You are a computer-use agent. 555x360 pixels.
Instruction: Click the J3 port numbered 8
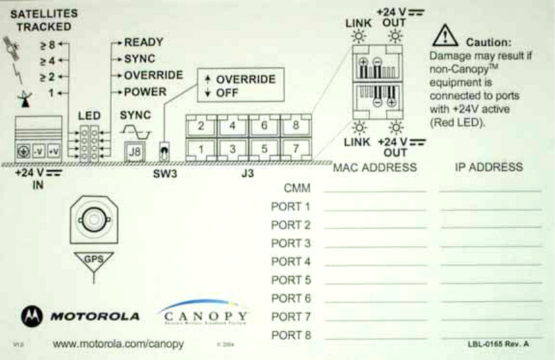(295, 125)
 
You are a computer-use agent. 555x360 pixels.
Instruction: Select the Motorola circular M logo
(32, 316)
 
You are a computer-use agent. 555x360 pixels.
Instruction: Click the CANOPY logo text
(204, 317)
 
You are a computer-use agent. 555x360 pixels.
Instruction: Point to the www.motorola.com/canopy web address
(118, 344)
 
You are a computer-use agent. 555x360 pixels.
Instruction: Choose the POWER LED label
(145, 92)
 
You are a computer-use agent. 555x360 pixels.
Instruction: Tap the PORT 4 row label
(290, 262)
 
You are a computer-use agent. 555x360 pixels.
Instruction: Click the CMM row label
(297, 188)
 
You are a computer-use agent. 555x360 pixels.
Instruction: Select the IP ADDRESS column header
(489, 167)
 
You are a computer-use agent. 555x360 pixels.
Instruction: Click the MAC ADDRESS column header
(374, 168)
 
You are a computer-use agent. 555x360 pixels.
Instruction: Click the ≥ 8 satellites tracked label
(47, 45)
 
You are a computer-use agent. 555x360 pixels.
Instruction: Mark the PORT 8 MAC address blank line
(375, 337)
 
